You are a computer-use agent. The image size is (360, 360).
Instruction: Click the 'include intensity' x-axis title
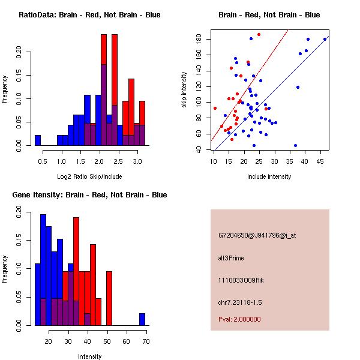pyautogui.click(x=269, y=176)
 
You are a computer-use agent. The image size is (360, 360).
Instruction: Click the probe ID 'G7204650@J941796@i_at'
pyautogui.click(x=257, y=235)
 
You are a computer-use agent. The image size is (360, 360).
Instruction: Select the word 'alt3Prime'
pyautogui.click(x=231, y=258)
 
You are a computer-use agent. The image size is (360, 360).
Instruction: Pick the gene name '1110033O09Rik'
pyautogui.click(x=239, y=280)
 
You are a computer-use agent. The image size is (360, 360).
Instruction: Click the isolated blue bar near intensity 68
pyautogui.click(x=142, y=319)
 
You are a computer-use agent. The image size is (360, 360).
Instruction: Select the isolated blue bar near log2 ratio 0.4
pyautogui.click(x=38, y=140)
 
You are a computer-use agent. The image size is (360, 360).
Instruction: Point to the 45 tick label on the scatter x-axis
pyautogui.click(x=320, y=160)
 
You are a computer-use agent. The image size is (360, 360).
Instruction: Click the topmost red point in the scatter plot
pyautogui.click(x=259, y=34)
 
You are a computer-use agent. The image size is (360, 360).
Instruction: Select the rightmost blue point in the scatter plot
pyautogui.click(x=325, y=39)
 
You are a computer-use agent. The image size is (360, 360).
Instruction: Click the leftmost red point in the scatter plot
pyautogui.click(x=215, y=108)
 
